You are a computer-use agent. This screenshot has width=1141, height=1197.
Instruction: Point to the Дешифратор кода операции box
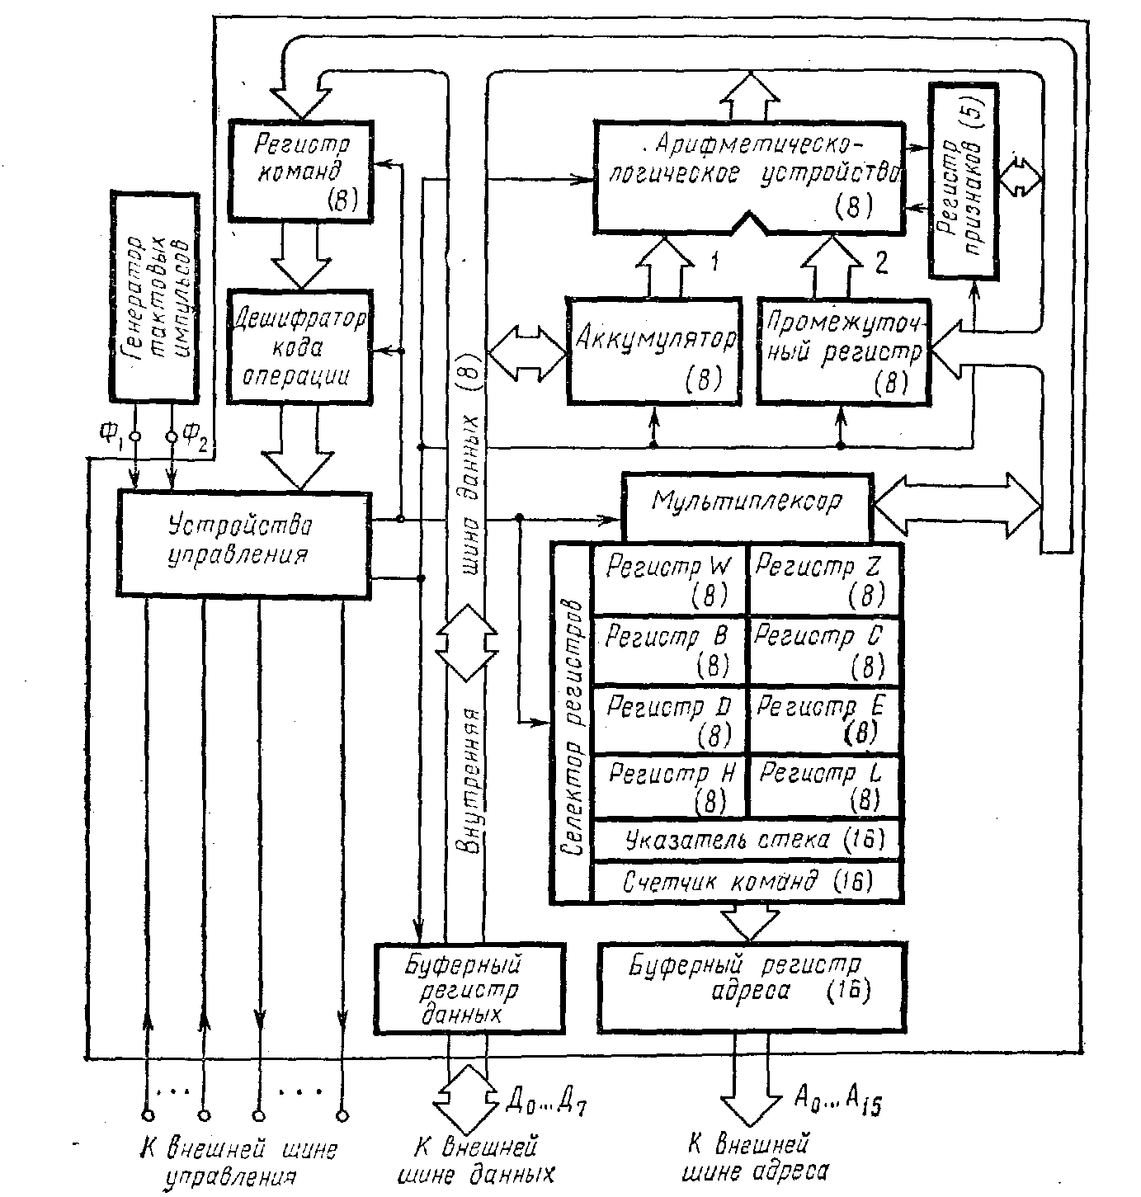tap(299, 346)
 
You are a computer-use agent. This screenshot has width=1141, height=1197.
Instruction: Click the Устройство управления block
tap(243, 542)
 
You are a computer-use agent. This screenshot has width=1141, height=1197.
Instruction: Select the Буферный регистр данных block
tap(468, 987)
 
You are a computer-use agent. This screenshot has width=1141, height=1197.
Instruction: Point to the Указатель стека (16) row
tap(747, 841)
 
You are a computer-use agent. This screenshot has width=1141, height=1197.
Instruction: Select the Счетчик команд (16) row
tap(747, 882)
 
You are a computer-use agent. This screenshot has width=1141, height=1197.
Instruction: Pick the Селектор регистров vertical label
tap(573, 724)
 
